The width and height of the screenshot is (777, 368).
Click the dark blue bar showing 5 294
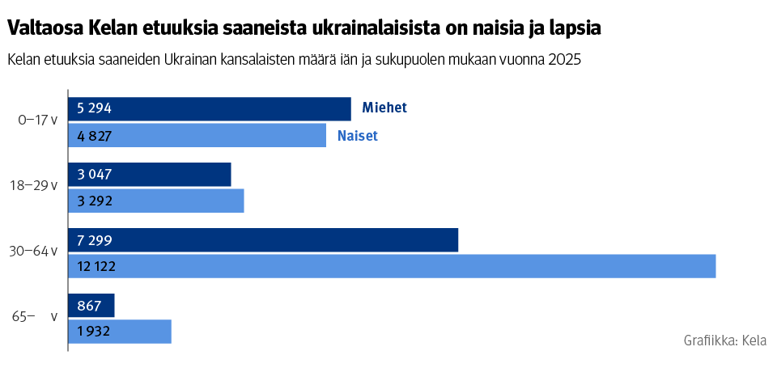[x=209, y=109]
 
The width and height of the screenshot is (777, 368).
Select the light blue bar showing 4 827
[x=197, y=135]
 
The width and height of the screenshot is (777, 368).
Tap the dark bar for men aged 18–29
[x=149, y=175]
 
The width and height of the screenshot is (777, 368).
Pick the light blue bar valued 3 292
[x=155, y=201]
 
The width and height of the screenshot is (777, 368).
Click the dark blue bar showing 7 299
[x=263, y=240]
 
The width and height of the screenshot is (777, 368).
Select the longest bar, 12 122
[x=392, y=266]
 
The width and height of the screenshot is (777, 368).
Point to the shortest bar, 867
[x=91, y=306]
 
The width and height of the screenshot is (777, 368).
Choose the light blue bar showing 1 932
[x=120, y=332]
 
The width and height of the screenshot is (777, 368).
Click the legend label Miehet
[x=384, y=108]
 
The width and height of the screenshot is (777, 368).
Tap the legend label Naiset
[x=358, y=136]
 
